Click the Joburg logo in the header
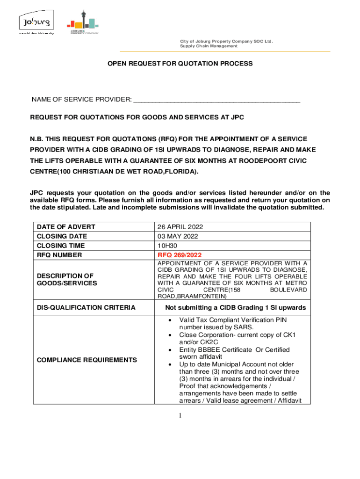[x=36, y=23]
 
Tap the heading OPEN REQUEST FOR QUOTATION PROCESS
[x=180, y=63]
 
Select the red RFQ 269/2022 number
[x=180, y=255]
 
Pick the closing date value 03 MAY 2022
[x=177, y=236]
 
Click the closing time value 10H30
[x=167, y=246]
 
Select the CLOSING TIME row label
[x=61, y=246]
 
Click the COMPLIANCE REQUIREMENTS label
[x=87, y=360]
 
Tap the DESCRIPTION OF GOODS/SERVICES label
[x=67, y=279]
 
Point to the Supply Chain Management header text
[x=209, y=46]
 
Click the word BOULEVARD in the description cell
[x=289, y=290]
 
